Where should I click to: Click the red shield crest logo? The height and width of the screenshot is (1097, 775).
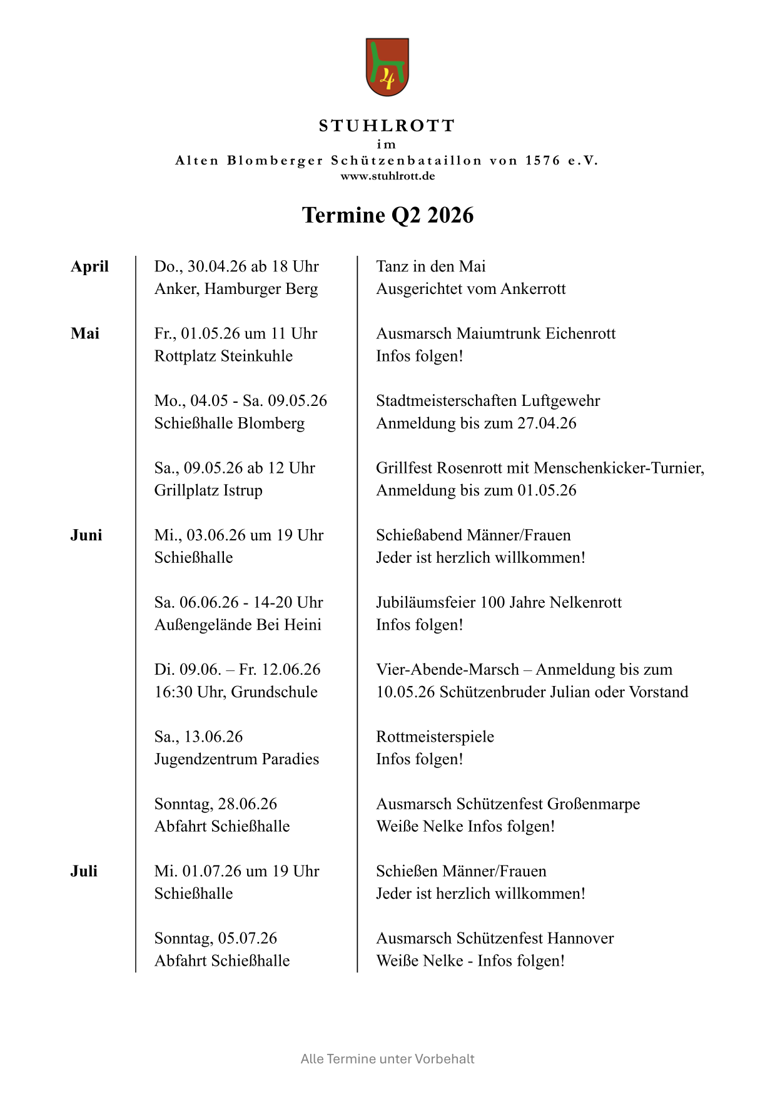[x=387, y=67]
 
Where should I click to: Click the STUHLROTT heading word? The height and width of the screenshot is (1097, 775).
[x=387, y=126]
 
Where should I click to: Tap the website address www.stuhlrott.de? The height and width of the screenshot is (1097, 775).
[x=387, y=176]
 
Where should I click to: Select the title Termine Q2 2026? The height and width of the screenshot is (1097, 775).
[x=387, y=215]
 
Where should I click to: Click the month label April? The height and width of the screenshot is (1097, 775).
[x=89, y=266]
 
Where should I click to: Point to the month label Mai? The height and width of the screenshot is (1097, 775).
[x=85, y=333]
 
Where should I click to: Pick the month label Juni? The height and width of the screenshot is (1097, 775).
[x=86, y=535]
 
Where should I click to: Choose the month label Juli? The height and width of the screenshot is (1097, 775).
[x=84, y=871]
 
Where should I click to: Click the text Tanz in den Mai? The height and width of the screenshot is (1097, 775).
[x=430, y=266]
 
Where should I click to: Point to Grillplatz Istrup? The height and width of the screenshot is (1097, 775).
[x=208, y=490]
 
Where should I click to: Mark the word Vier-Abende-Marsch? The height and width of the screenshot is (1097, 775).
[x=447, y=670]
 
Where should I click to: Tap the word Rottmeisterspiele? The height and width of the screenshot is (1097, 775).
[x=435, y=737]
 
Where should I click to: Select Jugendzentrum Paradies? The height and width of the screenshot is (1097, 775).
[x=236, y=759]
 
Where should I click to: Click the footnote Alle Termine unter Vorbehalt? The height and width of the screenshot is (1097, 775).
[x=387, y=1059]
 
